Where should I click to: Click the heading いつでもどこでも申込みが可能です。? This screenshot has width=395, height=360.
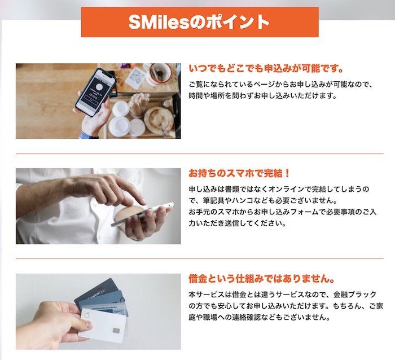[x=266, y=69]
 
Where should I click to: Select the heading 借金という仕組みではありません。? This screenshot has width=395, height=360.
[x=262, y=279]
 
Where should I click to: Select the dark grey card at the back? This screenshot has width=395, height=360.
[x=96, y=290]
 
